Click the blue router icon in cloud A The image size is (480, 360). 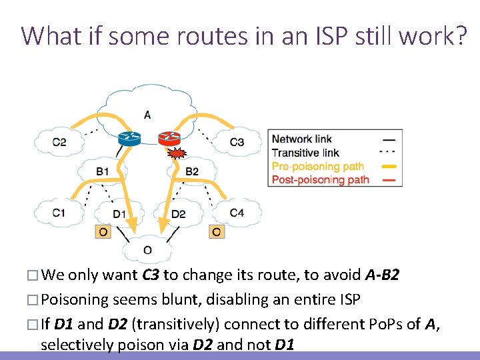(x=128, y=139)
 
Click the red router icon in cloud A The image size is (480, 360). (x=169, y=139)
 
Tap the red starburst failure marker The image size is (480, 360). (x=176, y=155)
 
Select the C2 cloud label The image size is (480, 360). (x=59, y=142)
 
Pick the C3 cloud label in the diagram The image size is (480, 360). (x=237, y=142)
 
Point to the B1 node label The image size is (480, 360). (x=103, y=172)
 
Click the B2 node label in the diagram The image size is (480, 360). (x=191, y=172)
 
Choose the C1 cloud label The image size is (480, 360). (x=59, y=213)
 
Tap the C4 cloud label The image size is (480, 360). (x=237, y=213)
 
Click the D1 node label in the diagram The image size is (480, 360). (x=119, y=214)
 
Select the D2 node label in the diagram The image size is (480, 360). (x=178, y=214)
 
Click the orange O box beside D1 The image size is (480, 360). (x=103, y=231)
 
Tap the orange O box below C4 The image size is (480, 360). (x=217, y=231)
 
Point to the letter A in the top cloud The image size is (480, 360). (x=147, y=115)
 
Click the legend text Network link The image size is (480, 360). (x=301, y=139)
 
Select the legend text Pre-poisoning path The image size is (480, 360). (x=317, y=166)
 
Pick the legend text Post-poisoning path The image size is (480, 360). (x=320, y=179)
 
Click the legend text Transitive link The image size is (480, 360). (x=305, y=153)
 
